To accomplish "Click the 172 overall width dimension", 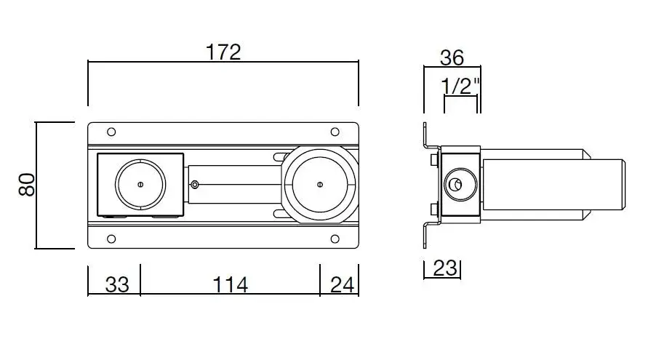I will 223,52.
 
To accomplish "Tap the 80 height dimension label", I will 27,185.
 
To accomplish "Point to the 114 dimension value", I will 230,285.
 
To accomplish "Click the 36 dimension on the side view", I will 452,57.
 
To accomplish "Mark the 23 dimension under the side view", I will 444,268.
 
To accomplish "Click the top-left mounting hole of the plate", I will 111,132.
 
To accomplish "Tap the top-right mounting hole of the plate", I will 335,132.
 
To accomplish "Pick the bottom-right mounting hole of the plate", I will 335,239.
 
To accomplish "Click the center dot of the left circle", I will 141,184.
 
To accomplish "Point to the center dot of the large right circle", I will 319,184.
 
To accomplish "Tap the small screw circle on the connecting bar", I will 193,184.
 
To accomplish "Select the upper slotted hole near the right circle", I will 279,156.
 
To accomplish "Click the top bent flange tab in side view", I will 427,137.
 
